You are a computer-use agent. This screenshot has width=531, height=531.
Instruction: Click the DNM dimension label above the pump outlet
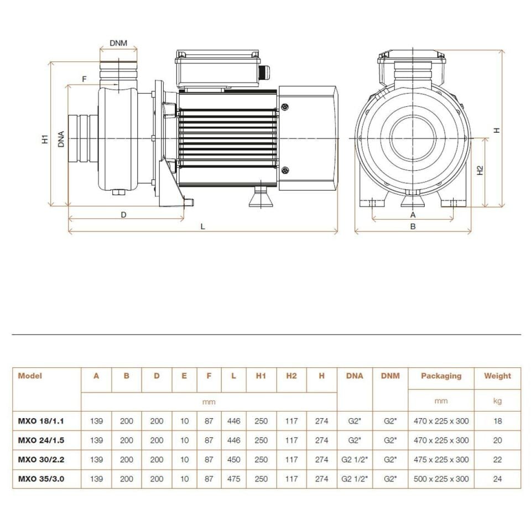pos(118,43)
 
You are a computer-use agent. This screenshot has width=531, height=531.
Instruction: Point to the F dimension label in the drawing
pos(84,79)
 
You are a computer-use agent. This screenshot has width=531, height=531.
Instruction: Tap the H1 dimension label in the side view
pos(45,139)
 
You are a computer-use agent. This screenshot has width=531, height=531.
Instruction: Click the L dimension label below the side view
pos(202,226)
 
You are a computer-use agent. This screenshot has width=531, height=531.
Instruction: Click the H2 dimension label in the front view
pos(480,170)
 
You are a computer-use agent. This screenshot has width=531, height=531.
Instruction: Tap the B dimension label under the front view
pos(413,226)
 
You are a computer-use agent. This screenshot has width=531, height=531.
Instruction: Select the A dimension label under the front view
pos(413,214)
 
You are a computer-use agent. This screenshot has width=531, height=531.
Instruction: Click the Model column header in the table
pos(30,376)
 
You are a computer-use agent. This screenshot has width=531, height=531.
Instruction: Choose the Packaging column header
pos(441,376)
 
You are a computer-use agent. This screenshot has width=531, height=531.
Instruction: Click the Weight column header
pos(497,376)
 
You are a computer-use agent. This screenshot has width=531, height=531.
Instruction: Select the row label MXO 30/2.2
pos(40,460)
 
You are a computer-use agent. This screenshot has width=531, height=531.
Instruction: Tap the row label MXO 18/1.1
pos(40,421)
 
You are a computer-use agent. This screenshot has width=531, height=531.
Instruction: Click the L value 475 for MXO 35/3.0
pos(233,479)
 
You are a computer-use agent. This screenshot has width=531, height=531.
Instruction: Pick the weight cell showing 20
pos(497,440)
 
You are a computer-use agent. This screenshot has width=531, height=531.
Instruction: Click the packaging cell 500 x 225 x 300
pos(441,479)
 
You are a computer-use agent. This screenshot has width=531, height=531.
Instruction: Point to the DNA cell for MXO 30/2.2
pos(355,460)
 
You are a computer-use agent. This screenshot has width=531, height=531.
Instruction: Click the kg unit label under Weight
pos(497,401)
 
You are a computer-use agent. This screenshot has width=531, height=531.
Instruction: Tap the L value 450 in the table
pos(233,460)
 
